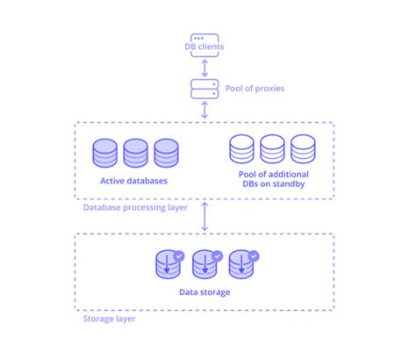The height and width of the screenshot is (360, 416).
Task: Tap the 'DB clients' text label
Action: click(204, 46)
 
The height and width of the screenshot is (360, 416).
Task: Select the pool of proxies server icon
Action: click(204, 88)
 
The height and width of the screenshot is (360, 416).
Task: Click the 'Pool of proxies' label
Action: click(255, 89)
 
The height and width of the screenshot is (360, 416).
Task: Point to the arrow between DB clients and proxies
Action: click(204, 67)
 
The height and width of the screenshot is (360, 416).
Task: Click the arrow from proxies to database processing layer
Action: click(204, 111)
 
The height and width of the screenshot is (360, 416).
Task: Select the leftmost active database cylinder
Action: click(106, 153)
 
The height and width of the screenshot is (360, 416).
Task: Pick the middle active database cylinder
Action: click(136, 153)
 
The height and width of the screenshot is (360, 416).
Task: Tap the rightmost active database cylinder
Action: click(166, 153)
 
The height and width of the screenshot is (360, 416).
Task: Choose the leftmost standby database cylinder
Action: click(242, 150)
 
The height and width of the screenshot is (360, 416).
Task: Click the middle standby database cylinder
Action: click(272, 150)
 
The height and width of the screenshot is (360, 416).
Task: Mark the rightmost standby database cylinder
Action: click(302, 150)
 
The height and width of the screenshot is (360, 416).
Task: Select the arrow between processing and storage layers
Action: click(204, 218)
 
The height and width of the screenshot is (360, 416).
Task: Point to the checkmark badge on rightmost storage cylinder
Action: click(254, 256)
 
